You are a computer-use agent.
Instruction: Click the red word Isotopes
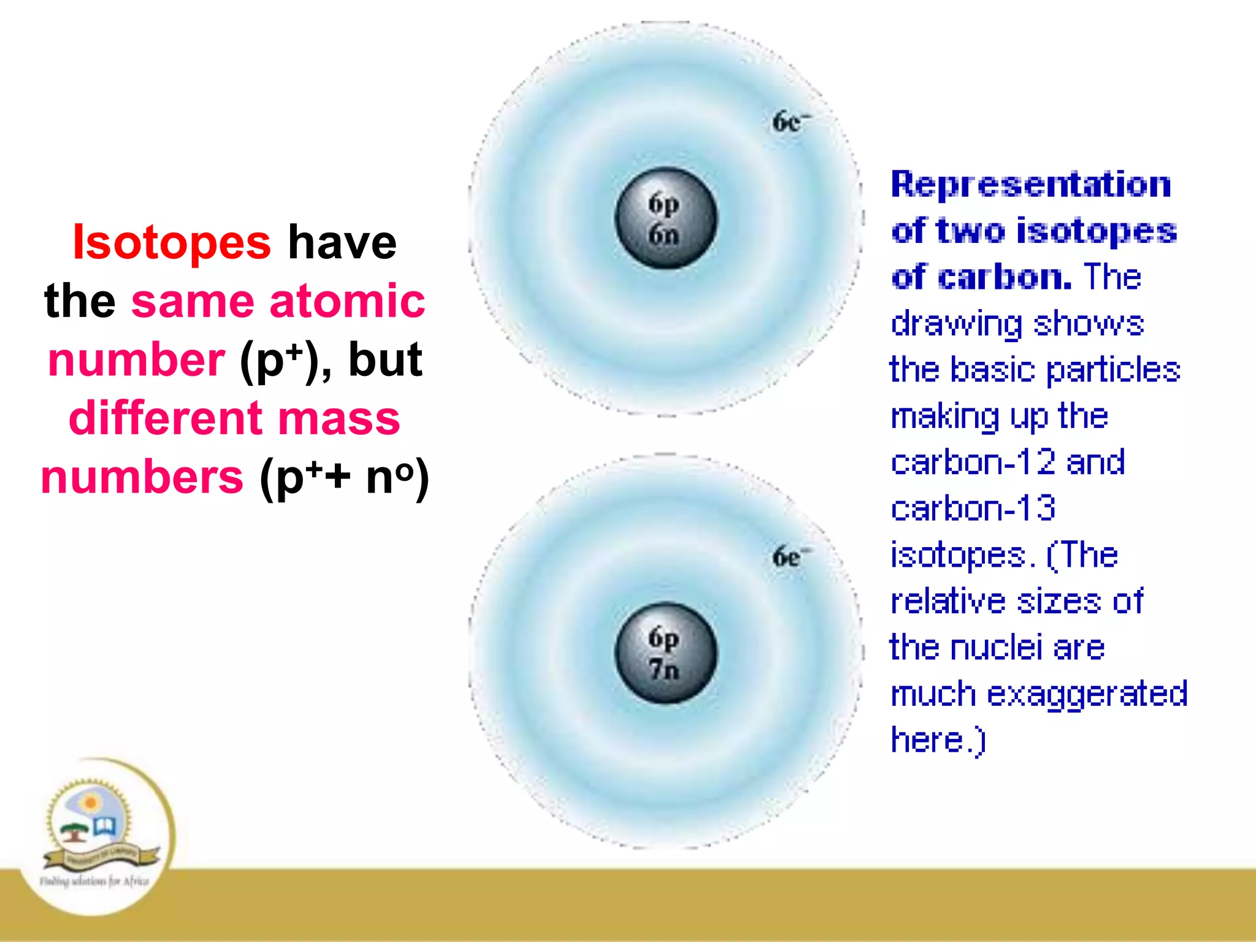point(171,242)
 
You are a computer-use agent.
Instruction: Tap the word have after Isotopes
point(342,242)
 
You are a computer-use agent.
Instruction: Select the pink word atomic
point(347,301)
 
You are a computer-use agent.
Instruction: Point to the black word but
point(385,359)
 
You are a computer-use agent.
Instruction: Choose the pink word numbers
point(142,477)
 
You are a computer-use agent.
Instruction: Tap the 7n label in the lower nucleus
point(664,669)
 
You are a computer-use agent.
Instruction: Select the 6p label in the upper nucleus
point(664,205)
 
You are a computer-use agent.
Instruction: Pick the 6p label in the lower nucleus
point(664,638)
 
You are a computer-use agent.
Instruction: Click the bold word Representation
point(1031,185)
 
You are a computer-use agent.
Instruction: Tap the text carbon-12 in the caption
point(973,462)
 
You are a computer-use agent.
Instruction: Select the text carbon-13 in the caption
point(973,508)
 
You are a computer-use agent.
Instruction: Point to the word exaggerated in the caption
point(1087,694)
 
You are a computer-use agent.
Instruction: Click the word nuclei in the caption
point(996,648)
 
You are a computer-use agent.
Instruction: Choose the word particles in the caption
point(1113,370)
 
